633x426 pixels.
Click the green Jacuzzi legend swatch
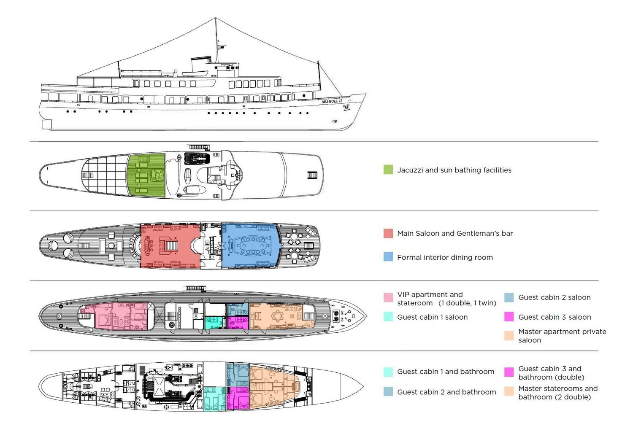click(x=388, y=170)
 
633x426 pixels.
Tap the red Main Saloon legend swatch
click(x=388, y=233)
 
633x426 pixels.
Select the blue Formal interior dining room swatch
click(x=388, y=256)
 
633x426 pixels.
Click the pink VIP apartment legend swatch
click(x=388, y=297)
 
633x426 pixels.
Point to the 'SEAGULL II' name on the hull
click(x=332, y=101)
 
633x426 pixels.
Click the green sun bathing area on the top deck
click(x=146, y=175)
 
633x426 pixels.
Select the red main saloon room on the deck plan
click(x=170, y=246)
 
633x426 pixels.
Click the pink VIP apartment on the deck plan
click(x=116, y=316)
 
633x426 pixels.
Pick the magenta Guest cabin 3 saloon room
click(x=238, y=323)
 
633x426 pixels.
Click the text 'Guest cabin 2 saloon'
click(x=555, y=297)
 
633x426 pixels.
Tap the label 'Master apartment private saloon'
click(x=562, y=336)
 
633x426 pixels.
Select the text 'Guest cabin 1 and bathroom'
click(x=446, y=372)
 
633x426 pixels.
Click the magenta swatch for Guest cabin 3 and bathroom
click(x=509, y=372)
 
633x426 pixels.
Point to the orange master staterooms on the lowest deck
click(x=273, y=386)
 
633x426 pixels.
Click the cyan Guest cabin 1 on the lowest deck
click(x=215, y=399)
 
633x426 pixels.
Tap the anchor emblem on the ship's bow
click(x=346, y=108)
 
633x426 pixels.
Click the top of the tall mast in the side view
click(x=216, y=18)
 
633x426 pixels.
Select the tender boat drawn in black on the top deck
click(x=197, y=159)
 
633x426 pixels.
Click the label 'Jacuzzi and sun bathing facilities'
click(x=454, y=170)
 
